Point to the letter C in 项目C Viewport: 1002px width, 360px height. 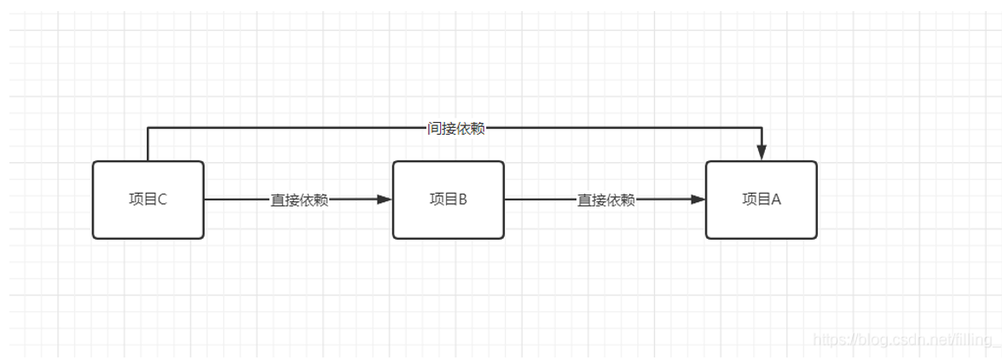pos(162,200)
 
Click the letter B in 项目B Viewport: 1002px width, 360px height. pos(462,200)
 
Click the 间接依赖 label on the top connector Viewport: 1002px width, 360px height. pos(455,129)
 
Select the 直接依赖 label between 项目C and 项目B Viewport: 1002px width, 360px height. pos(299,200)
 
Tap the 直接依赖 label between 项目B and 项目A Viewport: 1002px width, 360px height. pos(606,200)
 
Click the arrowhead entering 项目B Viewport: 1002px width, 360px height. pos(385,200)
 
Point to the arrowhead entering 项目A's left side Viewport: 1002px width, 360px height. pos(698,200)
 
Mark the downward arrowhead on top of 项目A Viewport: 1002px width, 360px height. pos(762,153)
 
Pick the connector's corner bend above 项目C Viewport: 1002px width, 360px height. pos(148,128)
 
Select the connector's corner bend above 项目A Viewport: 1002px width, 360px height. pos(762,128)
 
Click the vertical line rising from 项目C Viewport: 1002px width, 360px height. pos(148,145)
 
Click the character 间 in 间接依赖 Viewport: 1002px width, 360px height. pos(434,129)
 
